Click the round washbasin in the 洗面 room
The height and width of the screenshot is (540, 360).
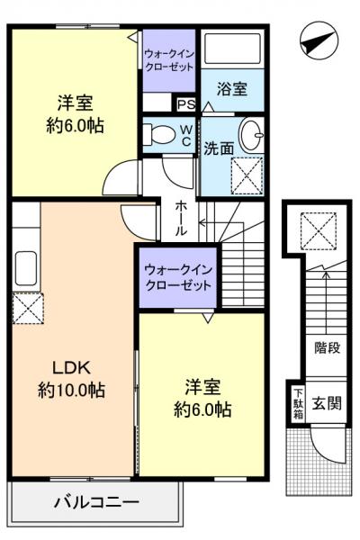pos(253,136)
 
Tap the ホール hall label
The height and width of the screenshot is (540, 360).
pos(180,218)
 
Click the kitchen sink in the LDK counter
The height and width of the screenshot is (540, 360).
pos(25,269)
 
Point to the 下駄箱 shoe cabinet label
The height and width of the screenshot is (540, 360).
pos(297,401)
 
